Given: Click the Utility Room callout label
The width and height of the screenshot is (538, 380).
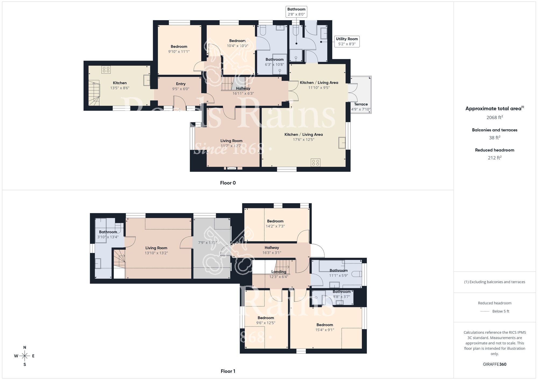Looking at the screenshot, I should click(347, 41).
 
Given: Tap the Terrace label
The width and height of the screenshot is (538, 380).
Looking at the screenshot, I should click(361, 104).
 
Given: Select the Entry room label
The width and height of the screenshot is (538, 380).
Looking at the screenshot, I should click(181, 84).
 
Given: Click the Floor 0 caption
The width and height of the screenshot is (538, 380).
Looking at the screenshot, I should click(228, 183).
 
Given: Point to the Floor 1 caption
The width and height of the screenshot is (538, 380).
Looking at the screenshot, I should click(228, 371).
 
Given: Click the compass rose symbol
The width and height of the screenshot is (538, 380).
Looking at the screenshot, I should click(24, 356).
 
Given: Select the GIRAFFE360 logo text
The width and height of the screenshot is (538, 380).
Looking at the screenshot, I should click(494, 364).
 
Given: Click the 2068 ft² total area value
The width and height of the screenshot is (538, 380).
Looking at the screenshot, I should click(494, 117).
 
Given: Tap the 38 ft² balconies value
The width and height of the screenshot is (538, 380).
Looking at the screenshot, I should click(494, 138).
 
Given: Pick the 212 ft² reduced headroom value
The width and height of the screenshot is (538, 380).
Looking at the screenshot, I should click(494, 158).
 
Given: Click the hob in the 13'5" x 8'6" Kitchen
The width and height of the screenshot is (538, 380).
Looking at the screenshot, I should click(106, 70).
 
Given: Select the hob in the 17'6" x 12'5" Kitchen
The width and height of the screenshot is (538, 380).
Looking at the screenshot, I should click(315, 163).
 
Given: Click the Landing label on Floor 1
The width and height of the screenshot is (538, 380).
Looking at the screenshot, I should click(279, 272).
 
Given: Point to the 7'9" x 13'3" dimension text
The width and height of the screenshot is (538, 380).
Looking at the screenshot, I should click(207, 243).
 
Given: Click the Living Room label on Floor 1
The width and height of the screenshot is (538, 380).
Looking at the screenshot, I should click(156, 248).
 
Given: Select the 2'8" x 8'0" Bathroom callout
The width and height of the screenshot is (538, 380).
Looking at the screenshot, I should click(296, 12).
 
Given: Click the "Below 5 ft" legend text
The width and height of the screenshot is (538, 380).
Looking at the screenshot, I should click(501, 311).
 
